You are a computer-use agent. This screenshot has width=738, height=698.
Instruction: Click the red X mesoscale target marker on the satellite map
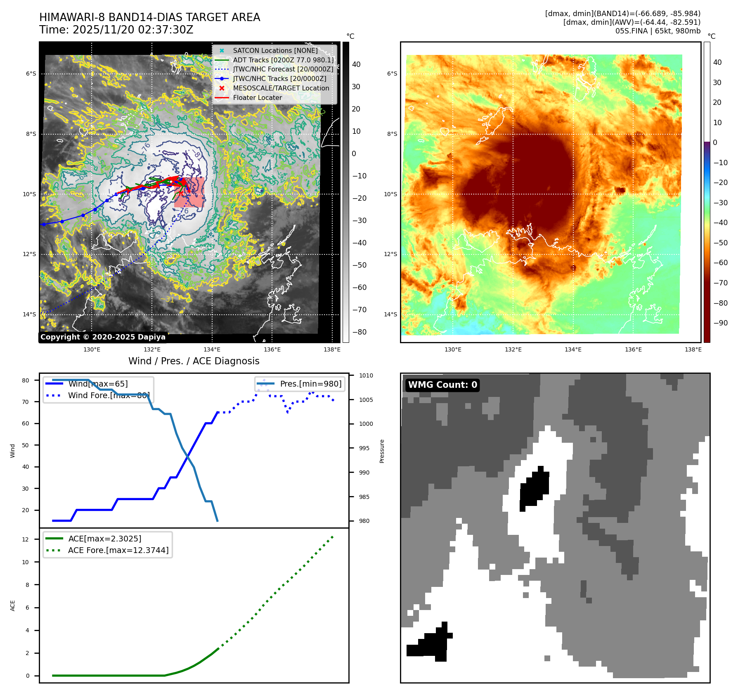tap(181, 193)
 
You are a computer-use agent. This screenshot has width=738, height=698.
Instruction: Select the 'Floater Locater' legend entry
tap(257, 98)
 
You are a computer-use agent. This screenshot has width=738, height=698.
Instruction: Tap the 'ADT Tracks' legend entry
tap(283, 60)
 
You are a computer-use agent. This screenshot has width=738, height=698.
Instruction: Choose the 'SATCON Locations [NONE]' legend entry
tap(275, 50)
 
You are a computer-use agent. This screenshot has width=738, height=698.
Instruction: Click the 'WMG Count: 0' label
tap(442, 385)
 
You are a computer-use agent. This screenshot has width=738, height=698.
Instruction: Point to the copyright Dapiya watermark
tap(103, 337)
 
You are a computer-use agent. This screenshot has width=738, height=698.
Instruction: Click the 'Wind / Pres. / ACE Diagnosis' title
tap(194, 361)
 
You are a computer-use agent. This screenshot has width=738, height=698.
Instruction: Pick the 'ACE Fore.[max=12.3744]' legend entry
tap(118, 550)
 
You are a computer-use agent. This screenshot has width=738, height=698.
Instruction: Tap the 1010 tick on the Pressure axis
tap(366, 375)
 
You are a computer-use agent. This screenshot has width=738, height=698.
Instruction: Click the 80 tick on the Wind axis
tap(26, 380)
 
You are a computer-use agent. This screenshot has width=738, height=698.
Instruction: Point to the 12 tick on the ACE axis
tap(26, 539)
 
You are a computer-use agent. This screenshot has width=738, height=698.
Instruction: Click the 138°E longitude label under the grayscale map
tap(332, 350)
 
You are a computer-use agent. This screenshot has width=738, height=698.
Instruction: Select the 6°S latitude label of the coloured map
tap(392, 74)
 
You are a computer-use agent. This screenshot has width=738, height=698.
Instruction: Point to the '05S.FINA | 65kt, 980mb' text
tap(658, 31)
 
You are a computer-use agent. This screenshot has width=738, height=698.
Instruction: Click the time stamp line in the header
tap(116, 30)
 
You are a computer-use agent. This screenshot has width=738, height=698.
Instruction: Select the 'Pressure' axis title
tap(382, 451)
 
